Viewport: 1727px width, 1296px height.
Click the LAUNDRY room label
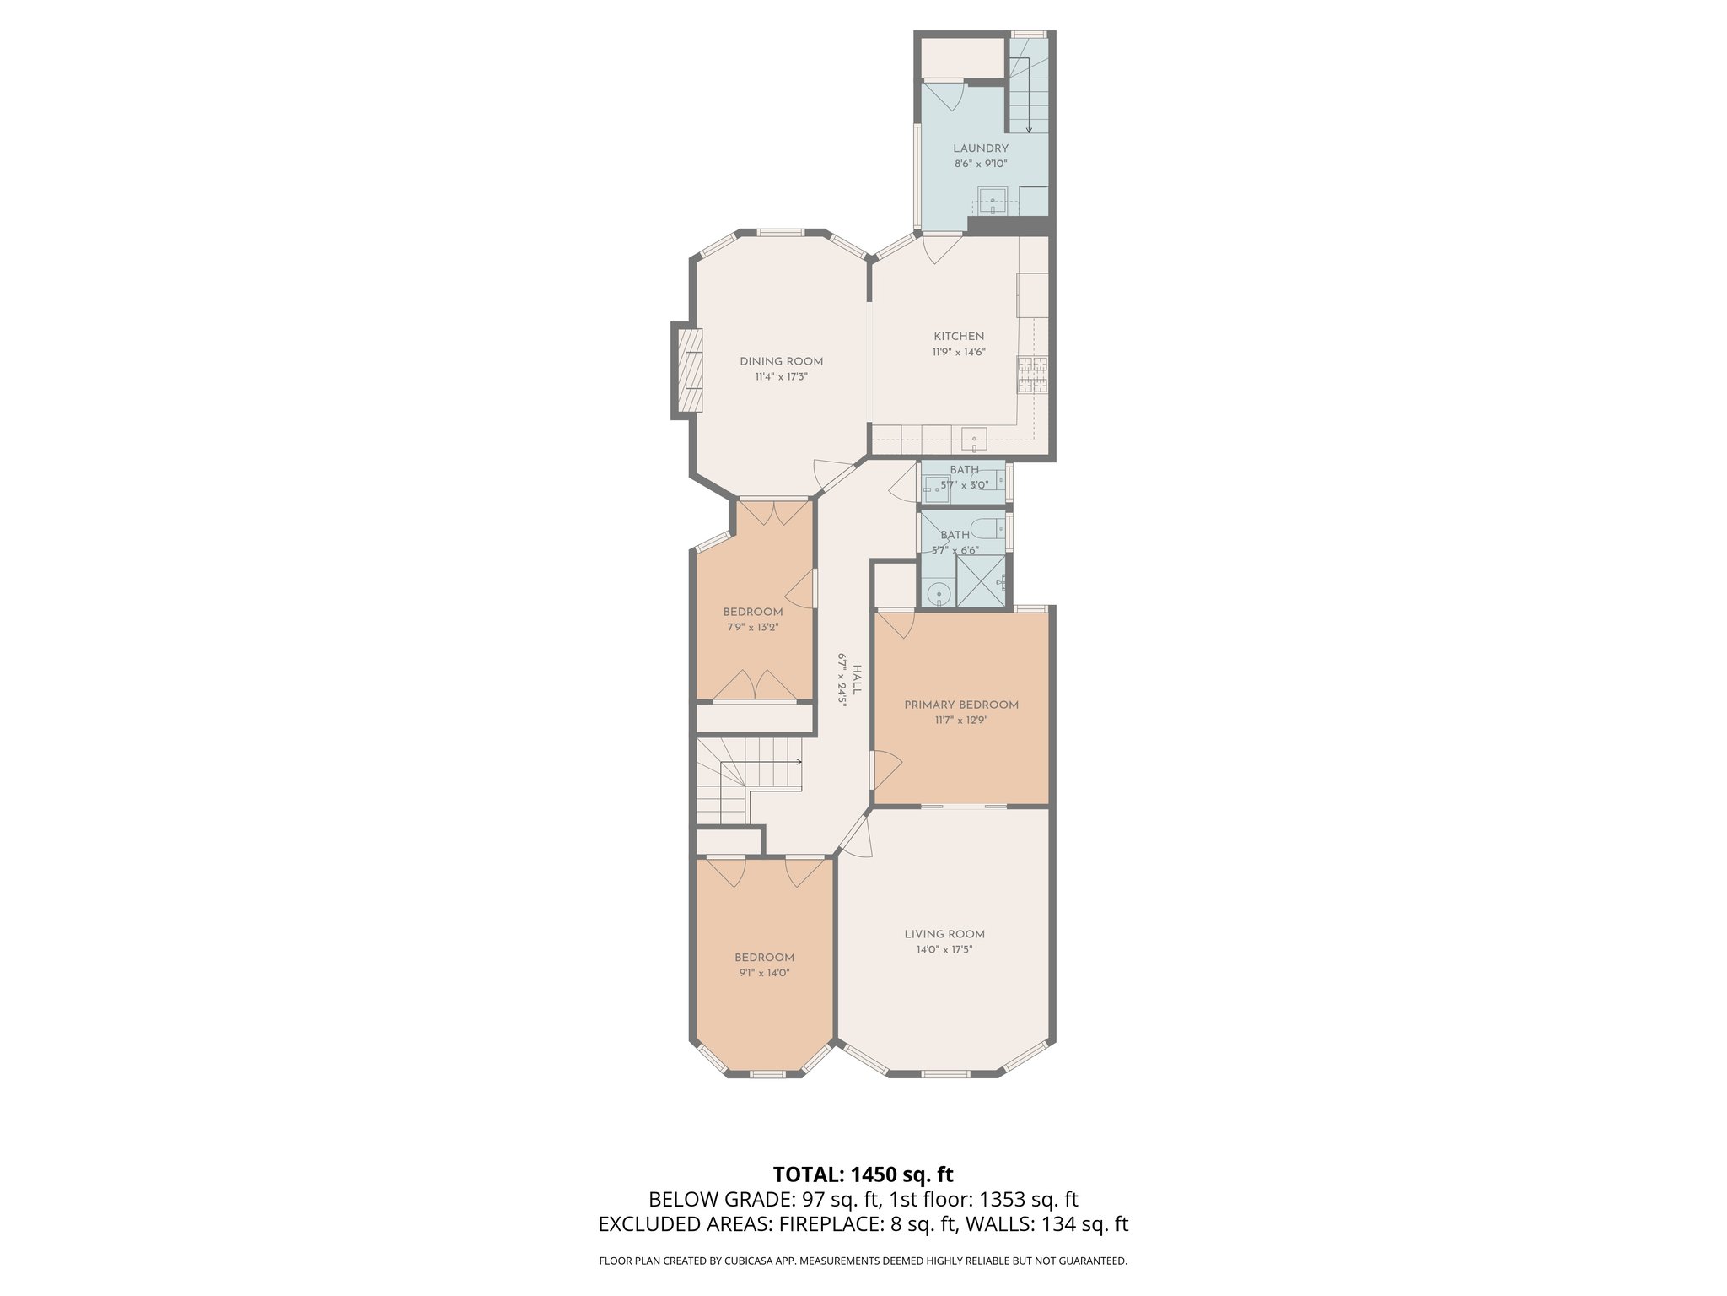click(981, 148)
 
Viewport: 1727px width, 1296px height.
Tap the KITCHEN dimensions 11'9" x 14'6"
click(959, 352)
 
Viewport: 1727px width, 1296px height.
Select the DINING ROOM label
click(781, 361)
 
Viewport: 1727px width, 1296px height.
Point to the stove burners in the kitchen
click(1033, 375)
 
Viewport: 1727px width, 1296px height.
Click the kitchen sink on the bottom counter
click(974, 439)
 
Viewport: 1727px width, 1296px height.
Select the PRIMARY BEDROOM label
click(961, 705)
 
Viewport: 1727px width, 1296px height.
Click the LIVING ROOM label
click(944, 934)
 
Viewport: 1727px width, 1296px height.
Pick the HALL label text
click(857, 680)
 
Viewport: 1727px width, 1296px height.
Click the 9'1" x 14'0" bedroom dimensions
click(764, 973)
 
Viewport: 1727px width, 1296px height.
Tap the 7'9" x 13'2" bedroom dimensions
click(752, 627)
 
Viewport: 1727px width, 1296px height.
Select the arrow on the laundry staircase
click(1029, 127)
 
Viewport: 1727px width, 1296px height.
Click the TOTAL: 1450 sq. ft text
click(863, 1174)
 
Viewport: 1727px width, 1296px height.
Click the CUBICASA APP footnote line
click(863, 1261)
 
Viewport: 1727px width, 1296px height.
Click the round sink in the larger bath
click(939, 594)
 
